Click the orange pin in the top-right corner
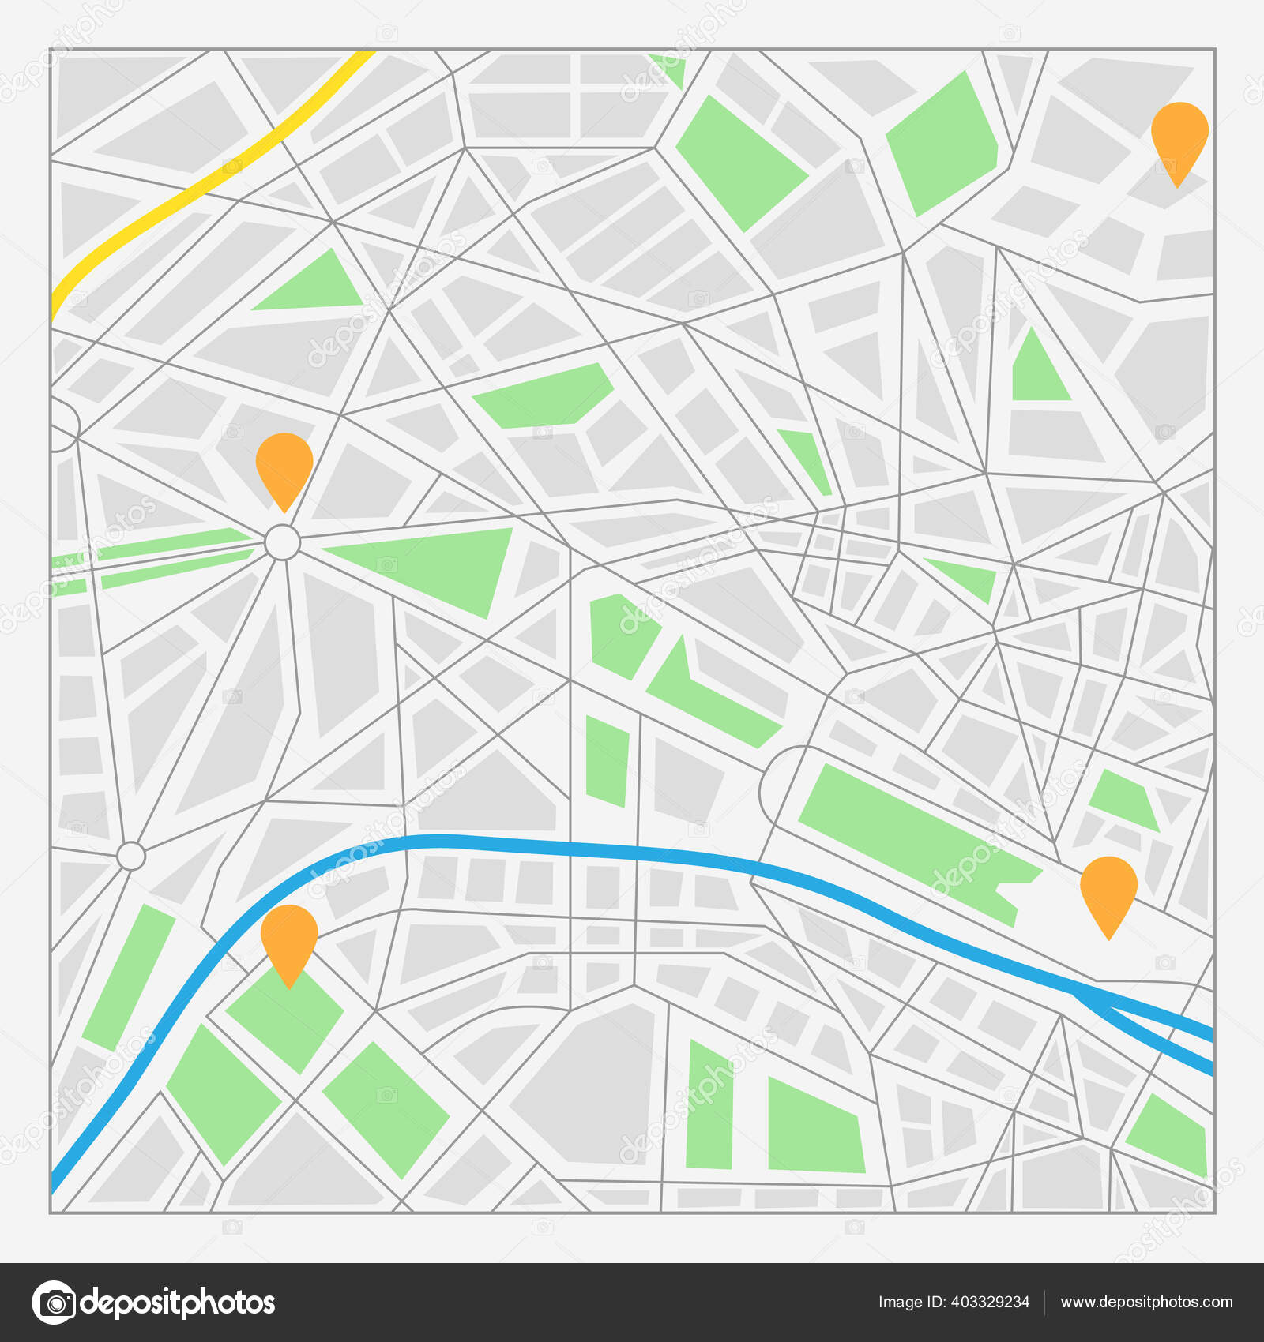pos(1179,134)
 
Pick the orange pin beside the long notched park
pos(1108,888)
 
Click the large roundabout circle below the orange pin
pos(282,542)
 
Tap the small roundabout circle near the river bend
pos(131,856)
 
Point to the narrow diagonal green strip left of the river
pos(128,977)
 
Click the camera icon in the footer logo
pos(54,1303)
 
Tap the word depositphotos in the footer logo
pos(178,1303)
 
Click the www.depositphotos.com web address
pos(1145,1303)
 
